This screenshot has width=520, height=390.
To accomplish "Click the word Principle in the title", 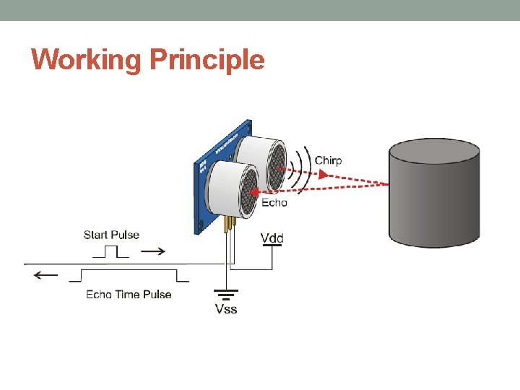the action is click(x=207, y=59).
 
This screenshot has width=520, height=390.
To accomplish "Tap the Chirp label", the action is click(x=328, y=160).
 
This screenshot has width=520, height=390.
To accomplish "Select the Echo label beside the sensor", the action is click(x=274, y=202).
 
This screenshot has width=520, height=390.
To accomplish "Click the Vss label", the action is click(x=226, y=309).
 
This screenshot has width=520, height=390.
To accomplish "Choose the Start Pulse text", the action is click(x=111, y=235).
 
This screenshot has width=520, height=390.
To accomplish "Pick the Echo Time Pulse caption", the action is click(x=129, y=294).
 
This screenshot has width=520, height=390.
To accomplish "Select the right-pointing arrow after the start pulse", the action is click(x=152, y=251).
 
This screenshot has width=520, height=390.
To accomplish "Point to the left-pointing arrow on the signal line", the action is click(x=46, y=275).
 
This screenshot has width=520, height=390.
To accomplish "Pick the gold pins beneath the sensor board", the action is click(x=230, y=223).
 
